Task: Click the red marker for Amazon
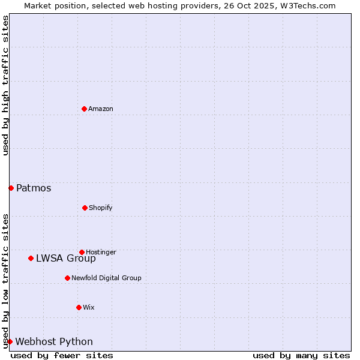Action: click(x=85, y=109)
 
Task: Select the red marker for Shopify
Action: click(x=85, y=208)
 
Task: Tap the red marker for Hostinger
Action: click(x=82, y=252)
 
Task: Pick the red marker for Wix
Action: click(x=79, y=307)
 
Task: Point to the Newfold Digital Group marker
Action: click(x=67, y=278)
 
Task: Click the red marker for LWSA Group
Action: click(x=31, y=258)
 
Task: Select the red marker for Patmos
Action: click(x=11, y=188)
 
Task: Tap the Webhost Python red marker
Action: click(x=10, y=341)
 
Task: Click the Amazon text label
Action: click(x=101, y=109)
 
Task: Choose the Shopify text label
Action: click(x=101, y=208)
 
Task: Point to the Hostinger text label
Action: click(x=101, y=252)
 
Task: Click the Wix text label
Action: click(x=89, y=307)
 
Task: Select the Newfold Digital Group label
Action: click(x=107, y=278)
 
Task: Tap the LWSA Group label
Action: click(x=66, y=259)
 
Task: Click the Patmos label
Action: click(x=34, y=188)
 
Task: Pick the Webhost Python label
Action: click(x=54, y=342)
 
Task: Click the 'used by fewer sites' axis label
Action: click(x=62, y=355)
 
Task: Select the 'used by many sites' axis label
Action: click(x=301, y=355)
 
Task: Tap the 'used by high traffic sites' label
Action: click(x=5, y=85)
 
